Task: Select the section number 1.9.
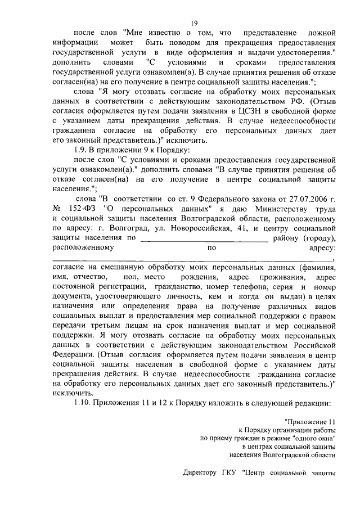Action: click(x=82, y=150)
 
